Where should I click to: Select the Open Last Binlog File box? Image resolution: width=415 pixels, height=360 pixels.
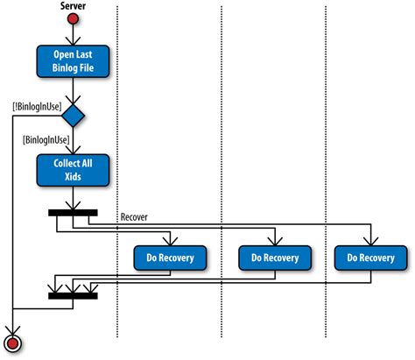point(74,62)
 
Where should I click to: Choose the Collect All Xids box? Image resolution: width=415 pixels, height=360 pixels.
point(74,170)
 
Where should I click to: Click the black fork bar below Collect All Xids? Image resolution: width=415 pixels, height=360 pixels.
point(74,210)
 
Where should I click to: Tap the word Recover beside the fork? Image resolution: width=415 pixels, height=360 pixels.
point(133,216)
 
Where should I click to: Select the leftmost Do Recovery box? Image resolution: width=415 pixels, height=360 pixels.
point(170,258)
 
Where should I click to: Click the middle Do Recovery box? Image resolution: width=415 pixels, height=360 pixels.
point(275,258)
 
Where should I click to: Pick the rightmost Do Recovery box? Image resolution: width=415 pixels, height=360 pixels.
point(370,258)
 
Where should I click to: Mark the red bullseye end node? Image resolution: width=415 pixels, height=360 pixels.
point(13,341)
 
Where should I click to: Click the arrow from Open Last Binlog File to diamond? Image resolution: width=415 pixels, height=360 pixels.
point(74,90)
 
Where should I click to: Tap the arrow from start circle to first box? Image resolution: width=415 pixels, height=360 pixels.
point(74,35)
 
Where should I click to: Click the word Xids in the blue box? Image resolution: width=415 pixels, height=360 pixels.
point(74,176)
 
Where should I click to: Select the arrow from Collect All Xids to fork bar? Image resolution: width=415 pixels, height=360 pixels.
point(74,197)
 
